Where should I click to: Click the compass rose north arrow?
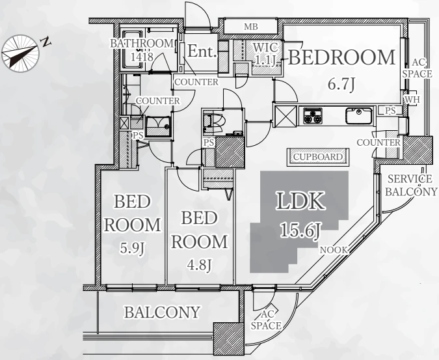20,53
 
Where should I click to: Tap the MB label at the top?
250,27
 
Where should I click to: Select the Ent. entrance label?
202,51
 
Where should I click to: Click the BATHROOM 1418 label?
142,50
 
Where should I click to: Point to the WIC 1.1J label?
265,53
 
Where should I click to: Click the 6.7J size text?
341,84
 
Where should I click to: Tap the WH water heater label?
412,100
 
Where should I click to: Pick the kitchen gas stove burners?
313,115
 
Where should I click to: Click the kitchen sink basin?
359,116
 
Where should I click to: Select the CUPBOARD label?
318,157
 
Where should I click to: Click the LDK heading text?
301,201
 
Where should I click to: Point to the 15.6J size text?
300,230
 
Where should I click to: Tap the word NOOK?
334,250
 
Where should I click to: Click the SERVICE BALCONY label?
411,185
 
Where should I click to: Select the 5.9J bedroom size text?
132,247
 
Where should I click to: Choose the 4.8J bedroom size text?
200,265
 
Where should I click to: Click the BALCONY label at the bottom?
162,312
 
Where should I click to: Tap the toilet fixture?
214,122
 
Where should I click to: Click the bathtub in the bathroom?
133,49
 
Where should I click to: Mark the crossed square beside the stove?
286,116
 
